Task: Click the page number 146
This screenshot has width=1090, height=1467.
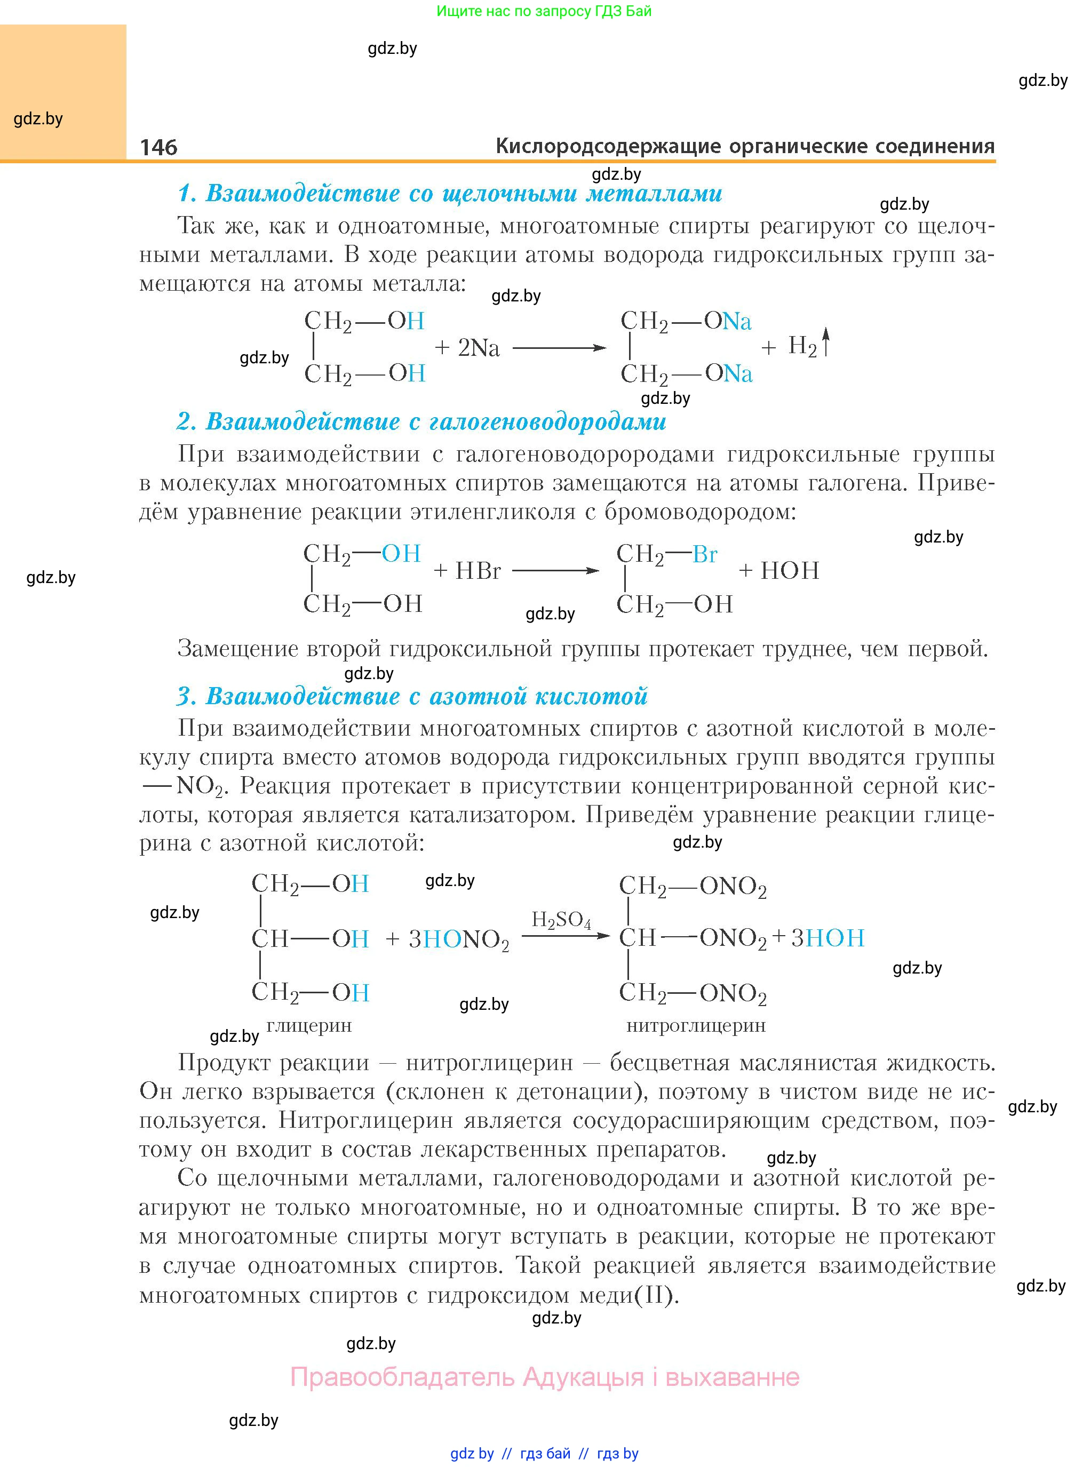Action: [158, 147]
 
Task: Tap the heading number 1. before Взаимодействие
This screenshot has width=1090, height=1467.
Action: [187, 193]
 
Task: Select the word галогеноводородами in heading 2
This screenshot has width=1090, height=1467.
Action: [547, 421]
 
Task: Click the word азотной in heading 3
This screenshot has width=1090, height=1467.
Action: [478, 696]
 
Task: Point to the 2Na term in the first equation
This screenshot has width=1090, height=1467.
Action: [479, 348]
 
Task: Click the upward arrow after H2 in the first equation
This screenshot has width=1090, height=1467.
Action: [825, 344]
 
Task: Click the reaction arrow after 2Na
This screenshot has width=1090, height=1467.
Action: [559, 348]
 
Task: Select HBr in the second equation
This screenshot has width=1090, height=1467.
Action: [478, 571]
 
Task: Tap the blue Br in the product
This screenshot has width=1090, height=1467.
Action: [705, 554]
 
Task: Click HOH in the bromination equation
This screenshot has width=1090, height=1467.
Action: [790, 571]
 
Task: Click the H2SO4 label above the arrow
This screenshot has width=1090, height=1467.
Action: [561, 920]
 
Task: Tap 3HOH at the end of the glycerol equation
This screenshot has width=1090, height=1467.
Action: [828, 938]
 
